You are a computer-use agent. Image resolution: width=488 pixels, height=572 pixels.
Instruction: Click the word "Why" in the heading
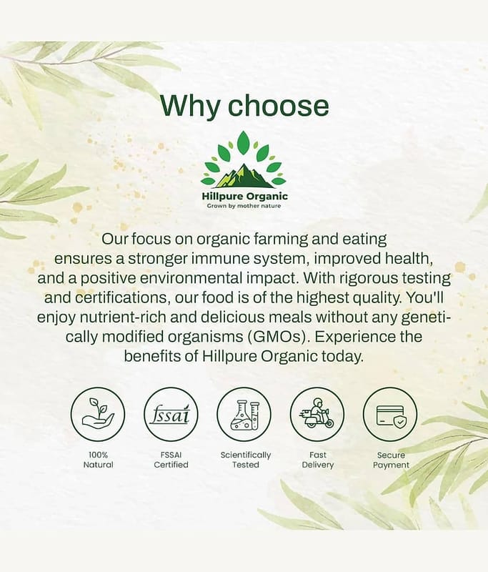tap(190, 106)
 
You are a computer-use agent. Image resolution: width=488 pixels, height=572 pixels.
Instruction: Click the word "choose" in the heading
tap(279, 105)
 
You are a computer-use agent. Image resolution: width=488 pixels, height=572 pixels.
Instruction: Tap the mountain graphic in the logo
tap(244, 176)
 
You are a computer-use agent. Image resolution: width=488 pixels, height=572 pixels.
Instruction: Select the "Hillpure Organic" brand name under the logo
tap(245, 196)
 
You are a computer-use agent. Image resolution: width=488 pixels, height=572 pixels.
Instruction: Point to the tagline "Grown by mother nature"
tap(244, 206)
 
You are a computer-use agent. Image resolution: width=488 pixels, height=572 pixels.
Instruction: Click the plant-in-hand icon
tap(98, 415)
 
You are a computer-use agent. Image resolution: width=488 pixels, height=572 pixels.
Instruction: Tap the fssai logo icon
tap(171, 415)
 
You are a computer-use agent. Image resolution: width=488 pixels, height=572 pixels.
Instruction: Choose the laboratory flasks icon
tap(244, 415)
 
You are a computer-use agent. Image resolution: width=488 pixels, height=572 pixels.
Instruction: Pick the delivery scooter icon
tap(317, 415)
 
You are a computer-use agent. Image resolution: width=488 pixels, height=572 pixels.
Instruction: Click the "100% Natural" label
tap(98, 460)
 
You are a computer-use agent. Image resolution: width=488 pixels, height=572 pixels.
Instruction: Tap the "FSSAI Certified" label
tap(171, 460)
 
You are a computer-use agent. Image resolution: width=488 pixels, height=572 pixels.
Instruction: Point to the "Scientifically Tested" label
tap(246, 460)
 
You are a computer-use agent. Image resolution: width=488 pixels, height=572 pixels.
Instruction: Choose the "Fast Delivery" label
tap(318, 460)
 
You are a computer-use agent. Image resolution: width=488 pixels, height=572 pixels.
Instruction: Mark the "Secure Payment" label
tap(391, 460)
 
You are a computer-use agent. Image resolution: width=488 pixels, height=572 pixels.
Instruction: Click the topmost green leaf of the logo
tap(244, 142)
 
